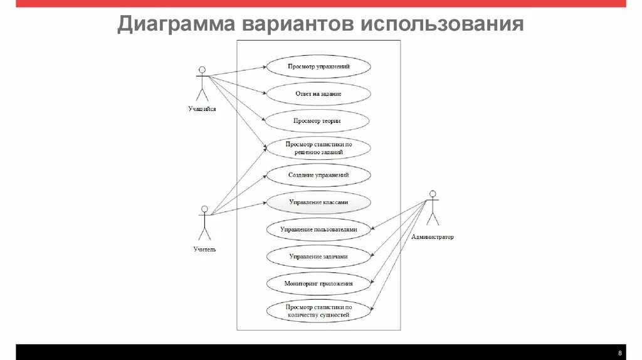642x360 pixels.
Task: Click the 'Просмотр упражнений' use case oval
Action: tap(318, 66)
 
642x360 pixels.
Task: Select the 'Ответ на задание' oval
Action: tap(318, 93)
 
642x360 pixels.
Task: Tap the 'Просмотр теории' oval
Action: tap(318, 120)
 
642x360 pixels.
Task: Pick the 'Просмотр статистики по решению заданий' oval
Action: tap(318, 148)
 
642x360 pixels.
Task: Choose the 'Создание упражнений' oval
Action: tap(318, 176)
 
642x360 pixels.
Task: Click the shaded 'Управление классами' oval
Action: tap(318, 203)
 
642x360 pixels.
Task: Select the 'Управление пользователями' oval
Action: tap(318, 230)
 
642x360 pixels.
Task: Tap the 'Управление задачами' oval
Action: tap(318, 257)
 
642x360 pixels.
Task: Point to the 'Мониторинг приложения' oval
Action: tap(318, 283)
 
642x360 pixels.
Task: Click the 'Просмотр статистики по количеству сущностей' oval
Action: tap(318, 311)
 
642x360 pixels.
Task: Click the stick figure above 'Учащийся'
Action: tap(201, 83)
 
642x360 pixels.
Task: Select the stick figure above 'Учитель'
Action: tap(204, 223)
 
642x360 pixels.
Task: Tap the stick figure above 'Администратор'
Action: tap(432, 208)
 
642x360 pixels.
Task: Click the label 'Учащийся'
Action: tap(202, 109)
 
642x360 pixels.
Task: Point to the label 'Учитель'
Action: tap(204, 250)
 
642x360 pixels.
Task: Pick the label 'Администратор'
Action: tap(433, 238)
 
